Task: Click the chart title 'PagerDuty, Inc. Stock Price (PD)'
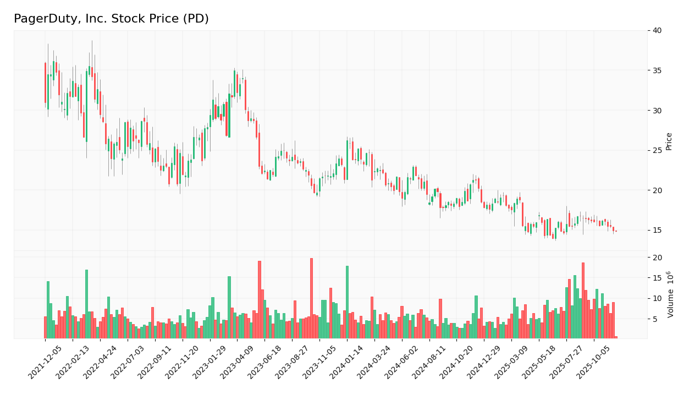point(111,19)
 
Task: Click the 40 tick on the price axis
point(657,30)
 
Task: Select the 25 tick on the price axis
point(657,150)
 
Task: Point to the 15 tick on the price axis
point(657,230)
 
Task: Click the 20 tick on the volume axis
point(657,258)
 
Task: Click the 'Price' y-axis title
point(669,141)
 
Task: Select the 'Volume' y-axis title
point(670,294)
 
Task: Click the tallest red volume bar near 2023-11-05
point(311,298)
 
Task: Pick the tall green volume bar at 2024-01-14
point(347,302)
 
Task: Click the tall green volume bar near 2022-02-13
point(86,304)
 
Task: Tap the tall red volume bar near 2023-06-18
point(260,300)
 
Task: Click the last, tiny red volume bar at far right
point(616,337)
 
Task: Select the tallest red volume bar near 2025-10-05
point(583,300)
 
